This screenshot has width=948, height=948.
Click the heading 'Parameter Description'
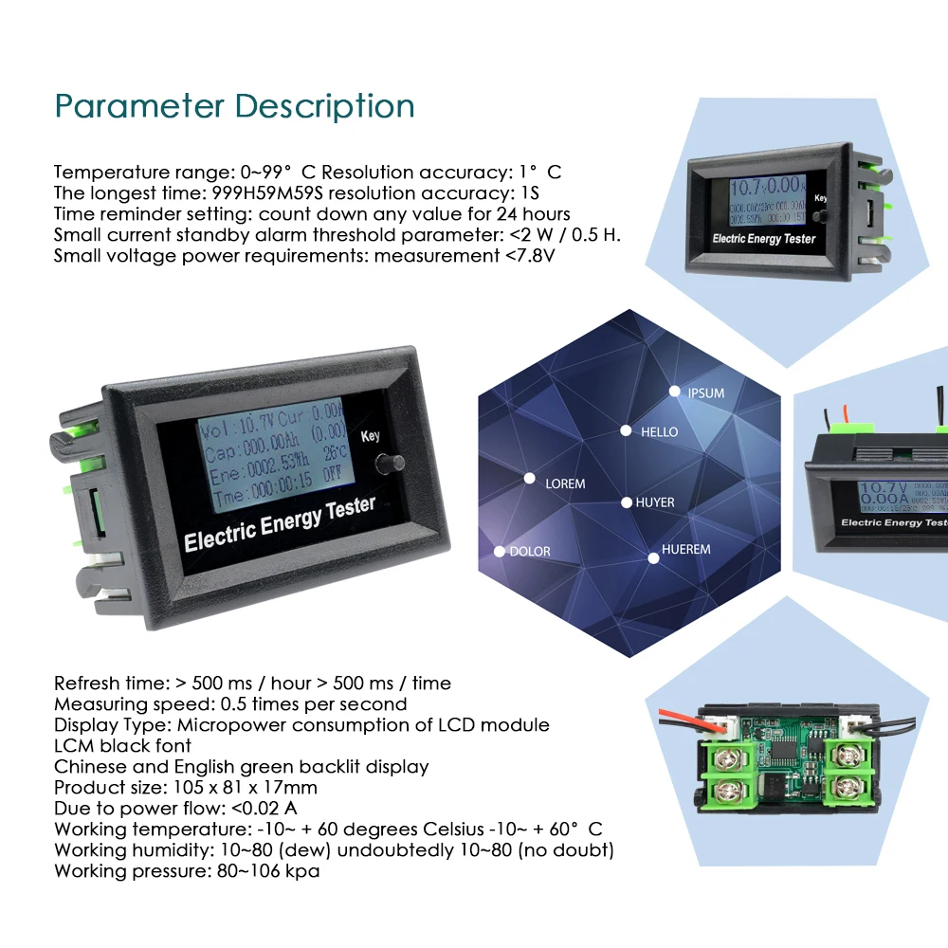[234, 105]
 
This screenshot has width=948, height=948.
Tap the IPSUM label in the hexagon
[705, 392]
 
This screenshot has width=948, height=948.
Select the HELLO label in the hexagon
[659, 432]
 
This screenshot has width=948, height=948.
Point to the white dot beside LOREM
[530, 479]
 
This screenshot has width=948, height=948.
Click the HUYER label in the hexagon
[655, 502]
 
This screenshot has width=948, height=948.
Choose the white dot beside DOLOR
[500, 551]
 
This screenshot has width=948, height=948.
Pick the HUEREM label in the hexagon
[685, 550]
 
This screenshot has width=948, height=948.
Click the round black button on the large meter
[388, 465]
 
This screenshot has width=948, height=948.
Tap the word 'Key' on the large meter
[370, 437]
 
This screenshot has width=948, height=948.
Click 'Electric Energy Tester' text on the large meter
[280, 524]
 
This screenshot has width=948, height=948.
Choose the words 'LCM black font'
[122, 746]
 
